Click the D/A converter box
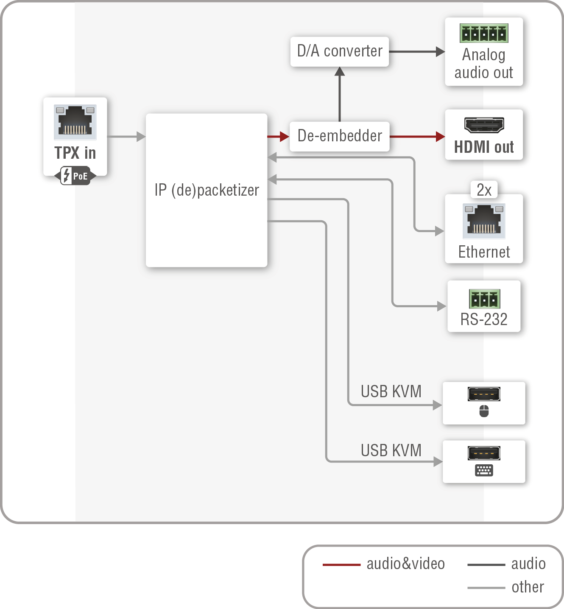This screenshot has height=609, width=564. point(339,51)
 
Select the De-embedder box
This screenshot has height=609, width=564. point(339,136)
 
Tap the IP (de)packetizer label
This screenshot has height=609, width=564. point(207,190)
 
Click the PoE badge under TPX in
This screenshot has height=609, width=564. point(75,176)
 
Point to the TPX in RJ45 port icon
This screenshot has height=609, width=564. point(75,122)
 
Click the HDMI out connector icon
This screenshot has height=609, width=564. point(484,125)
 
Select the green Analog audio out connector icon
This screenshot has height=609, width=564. point(484,33)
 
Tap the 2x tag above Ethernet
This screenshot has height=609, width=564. point(484,190)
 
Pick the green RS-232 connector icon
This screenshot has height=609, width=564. point(484,299)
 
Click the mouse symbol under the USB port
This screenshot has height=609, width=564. point(484,411)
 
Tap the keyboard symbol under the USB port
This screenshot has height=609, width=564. point(484,470)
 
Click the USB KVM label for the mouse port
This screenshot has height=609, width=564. point(391,391)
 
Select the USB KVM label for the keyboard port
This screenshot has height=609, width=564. point(391,450)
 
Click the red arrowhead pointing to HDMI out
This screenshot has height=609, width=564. point(440,137)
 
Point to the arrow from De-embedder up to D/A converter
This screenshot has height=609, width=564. point(340,95)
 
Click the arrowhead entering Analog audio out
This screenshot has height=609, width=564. point(440,52)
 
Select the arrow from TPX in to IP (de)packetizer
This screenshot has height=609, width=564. point(126,137)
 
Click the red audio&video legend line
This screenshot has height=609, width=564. point(341,565)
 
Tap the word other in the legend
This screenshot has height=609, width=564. point(528,587)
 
